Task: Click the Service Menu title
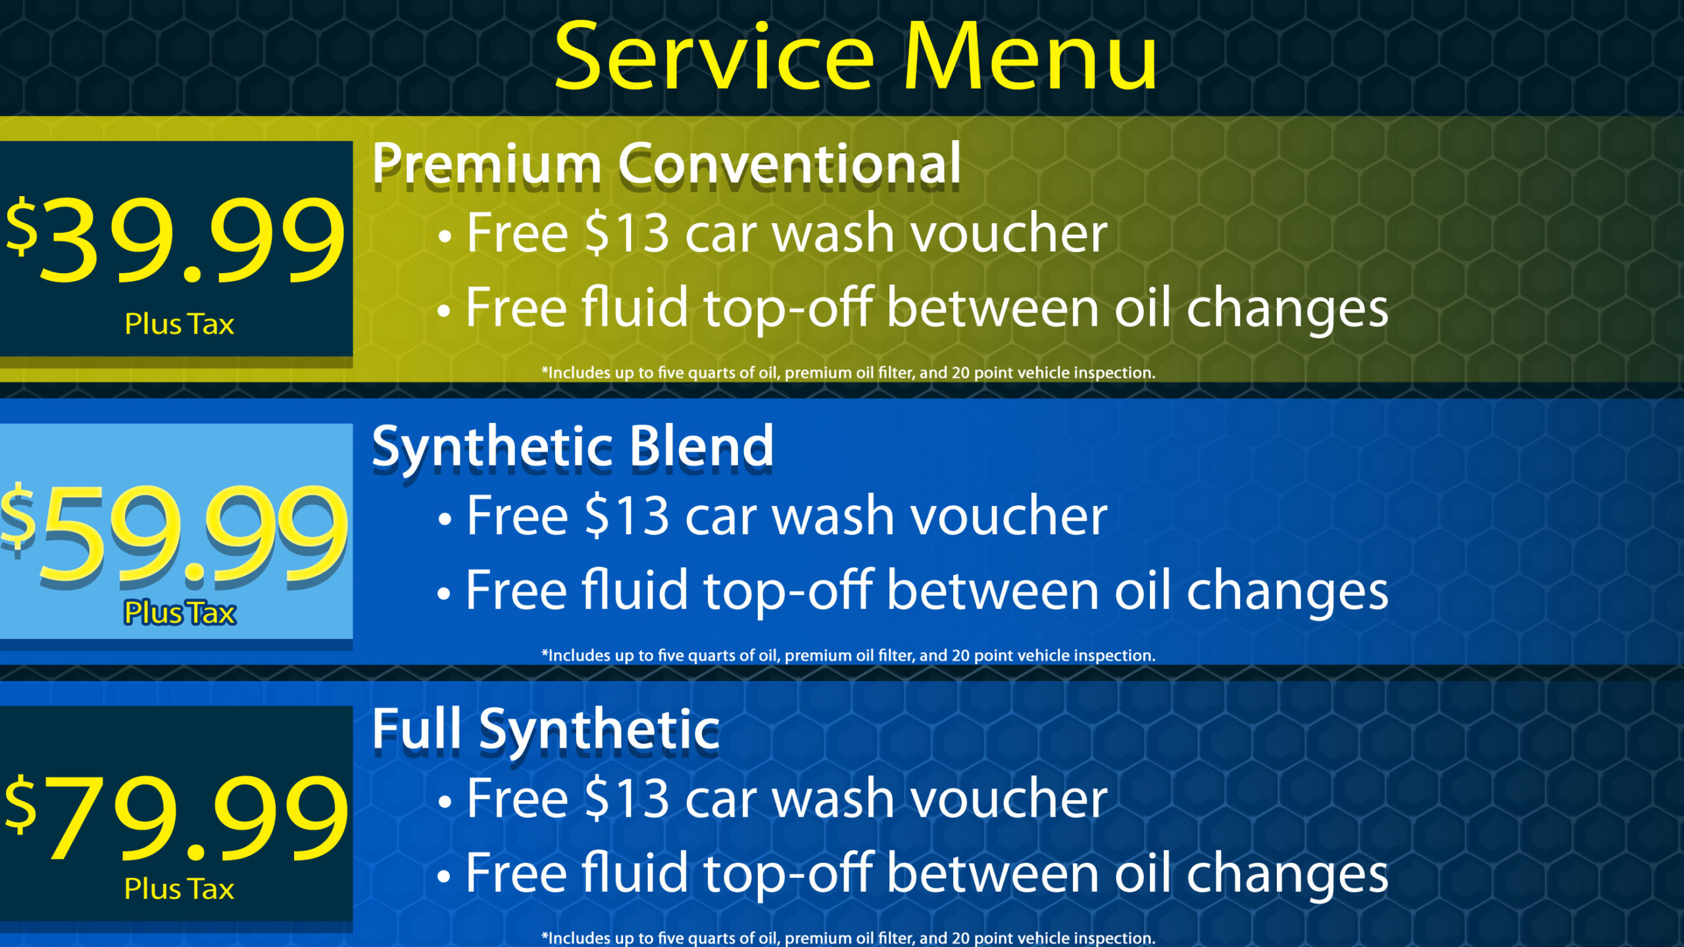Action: click(856, 56)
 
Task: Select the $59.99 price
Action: click(174, 534)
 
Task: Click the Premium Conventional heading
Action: click(666, 164)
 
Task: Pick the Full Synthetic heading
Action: click(546, 731)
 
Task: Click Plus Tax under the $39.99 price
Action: click(180, 324)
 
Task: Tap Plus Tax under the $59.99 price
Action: click(180, 613)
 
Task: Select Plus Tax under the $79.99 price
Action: click(179, 889)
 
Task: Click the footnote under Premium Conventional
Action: click(848, 373)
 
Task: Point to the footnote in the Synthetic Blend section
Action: click(848, 656)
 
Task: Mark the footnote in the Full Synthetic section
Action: click(848, 938)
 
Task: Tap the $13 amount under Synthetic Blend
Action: click(627, 516)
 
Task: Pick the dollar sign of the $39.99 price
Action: click(21, 226)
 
